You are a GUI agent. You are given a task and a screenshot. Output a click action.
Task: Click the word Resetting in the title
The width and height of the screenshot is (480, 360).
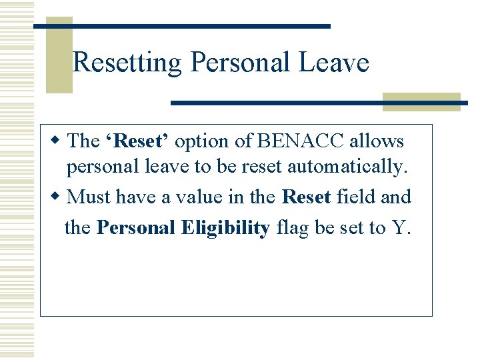tap(127, 63)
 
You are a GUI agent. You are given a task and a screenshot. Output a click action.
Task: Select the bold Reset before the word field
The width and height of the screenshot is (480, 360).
tap(307, 197)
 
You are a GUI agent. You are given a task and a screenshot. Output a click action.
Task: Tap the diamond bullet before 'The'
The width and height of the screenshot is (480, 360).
tap(57, 141)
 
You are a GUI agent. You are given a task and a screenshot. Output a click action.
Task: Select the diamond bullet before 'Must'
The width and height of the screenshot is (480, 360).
tap(57, 197)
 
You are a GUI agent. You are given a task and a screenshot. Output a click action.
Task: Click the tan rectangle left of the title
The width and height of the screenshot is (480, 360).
tap(59, 57)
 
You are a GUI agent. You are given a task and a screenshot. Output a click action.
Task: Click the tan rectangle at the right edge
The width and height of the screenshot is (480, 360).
tap(421, 101)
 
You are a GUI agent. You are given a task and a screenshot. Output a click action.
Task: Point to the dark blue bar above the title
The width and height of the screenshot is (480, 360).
tap(181, 25)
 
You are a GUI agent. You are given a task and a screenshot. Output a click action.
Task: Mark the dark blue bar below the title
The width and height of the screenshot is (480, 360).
tap(319, 103)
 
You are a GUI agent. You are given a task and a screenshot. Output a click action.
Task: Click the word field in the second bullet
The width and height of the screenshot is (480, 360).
tap(355, 197)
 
